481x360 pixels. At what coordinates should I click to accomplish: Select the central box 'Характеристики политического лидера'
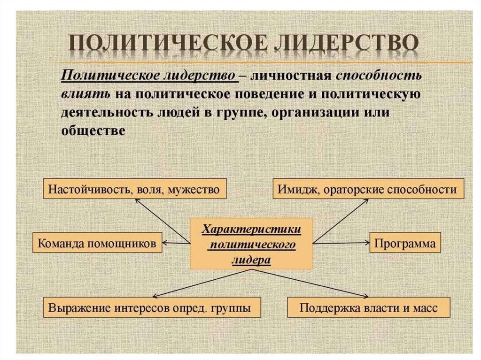[x=251, y=244]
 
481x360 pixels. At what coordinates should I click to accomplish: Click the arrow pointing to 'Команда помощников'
[x=176, y=243]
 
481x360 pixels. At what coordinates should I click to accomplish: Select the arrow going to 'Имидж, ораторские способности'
[x=340, y=221]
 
